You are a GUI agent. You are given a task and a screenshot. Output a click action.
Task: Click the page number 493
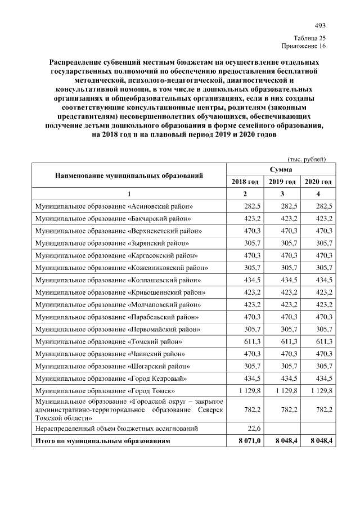point(320,25)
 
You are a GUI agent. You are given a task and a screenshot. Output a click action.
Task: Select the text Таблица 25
point(310,37)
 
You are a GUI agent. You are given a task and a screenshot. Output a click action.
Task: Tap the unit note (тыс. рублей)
point(307,159)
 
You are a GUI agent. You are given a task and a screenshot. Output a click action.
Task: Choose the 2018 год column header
point(245,182)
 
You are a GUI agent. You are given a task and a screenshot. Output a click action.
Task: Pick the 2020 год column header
point(318,182)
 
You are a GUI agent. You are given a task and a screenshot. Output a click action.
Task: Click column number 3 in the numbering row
point(282,194)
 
